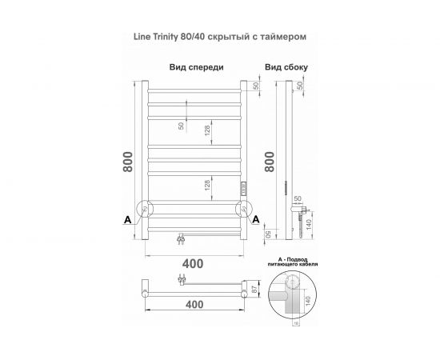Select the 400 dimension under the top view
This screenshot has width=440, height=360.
(x=192, y=306)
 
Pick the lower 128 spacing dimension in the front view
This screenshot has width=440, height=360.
(x=207, y=186)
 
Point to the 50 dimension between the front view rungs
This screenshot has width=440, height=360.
(x=181, y=126)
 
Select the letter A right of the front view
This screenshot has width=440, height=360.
(x=254, y=218)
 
